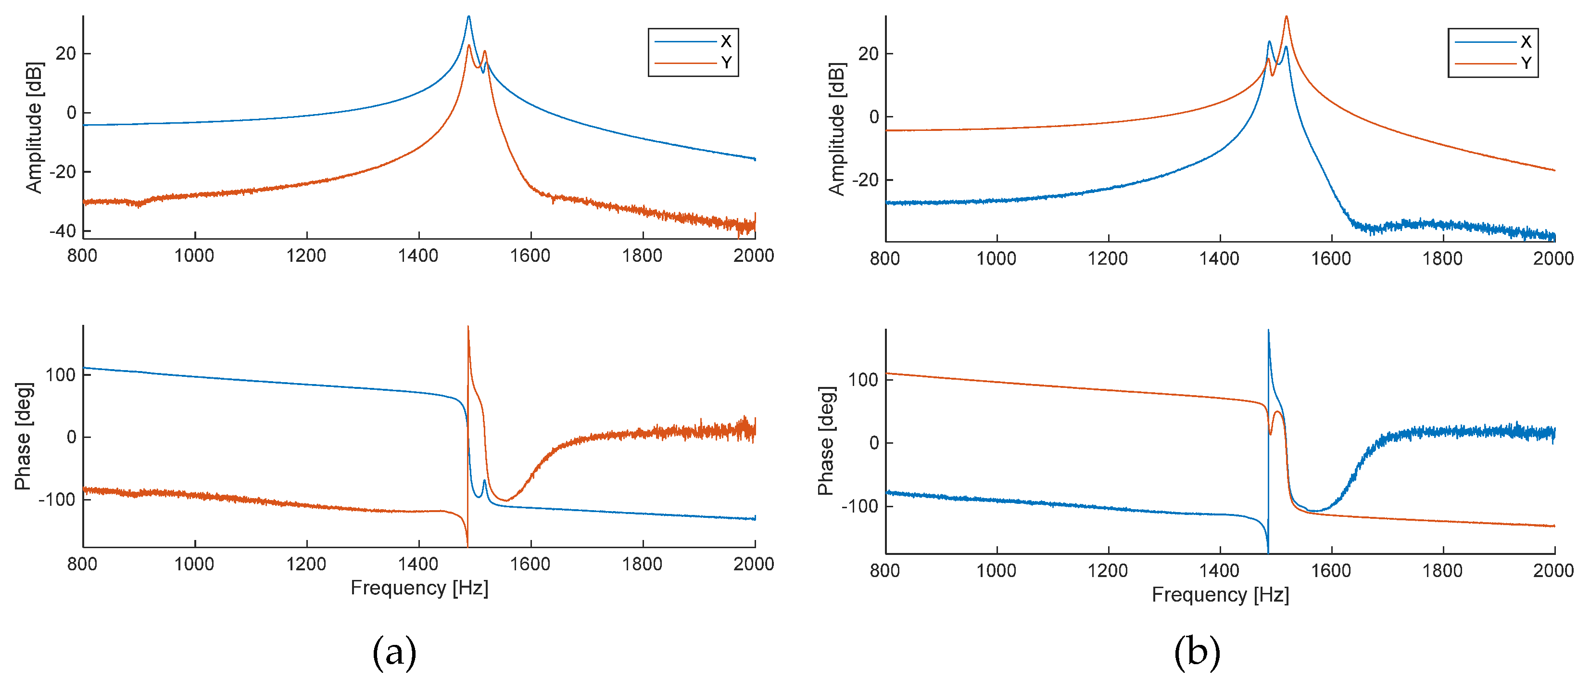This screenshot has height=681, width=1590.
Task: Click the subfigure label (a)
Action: click(x=394, y=652)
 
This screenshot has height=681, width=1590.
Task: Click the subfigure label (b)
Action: click(x=1196, y=652)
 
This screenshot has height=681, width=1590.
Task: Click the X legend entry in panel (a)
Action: click(x=725, y=41)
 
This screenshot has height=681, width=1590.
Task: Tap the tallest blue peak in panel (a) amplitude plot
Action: click(x=468, y=17)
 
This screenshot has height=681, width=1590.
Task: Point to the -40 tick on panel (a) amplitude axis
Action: click(x=63, y=231)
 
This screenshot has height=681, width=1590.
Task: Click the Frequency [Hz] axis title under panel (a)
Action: click(x=419, y=587)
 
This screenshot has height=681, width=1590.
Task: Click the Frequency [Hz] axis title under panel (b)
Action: click(x=1220, y=594)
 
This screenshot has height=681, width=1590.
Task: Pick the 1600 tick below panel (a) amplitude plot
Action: click(x=530, y=255)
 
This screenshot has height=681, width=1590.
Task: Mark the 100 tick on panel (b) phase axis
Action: click(x=862, y=380)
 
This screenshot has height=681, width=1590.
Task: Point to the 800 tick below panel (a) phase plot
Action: click(x=82, y=563)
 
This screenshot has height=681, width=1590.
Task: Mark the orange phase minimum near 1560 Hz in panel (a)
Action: click(x=506, y=500)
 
